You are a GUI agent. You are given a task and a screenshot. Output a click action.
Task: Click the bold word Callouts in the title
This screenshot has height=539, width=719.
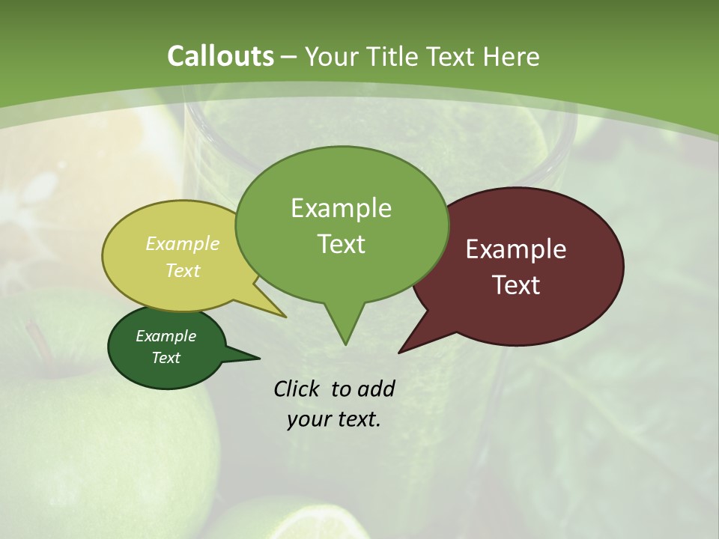220,56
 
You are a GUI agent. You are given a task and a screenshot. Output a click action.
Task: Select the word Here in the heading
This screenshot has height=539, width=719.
511,57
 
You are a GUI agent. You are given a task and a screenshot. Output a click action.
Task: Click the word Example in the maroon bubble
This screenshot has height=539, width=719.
516,249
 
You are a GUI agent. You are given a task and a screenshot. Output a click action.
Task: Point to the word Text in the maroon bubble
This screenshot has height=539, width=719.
516,285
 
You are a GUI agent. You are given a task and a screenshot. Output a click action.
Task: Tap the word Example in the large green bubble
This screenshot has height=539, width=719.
341,207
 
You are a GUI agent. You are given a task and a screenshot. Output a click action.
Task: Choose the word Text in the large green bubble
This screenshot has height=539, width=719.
342,244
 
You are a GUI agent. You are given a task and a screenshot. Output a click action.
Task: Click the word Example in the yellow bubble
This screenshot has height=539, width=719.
183,244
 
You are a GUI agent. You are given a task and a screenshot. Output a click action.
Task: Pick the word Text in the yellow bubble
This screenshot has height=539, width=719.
183,270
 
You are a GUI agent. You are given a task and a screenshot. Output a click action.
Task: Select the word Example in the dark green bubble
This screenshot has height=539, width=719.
166,336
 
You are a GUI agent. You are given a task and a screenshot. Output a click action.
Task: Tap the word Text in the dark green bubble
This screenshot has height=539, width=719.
166,358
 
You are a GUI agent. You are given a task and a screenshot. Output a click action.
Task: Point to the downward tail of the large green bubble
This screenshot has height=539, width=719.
345,333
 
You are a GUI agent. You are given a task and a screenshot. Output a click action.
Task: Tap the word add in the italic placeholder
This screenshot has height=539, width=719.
375,389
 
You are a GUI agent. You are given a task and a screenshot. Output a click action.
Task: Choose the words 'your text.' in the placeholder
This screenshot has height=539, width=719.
333,419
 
